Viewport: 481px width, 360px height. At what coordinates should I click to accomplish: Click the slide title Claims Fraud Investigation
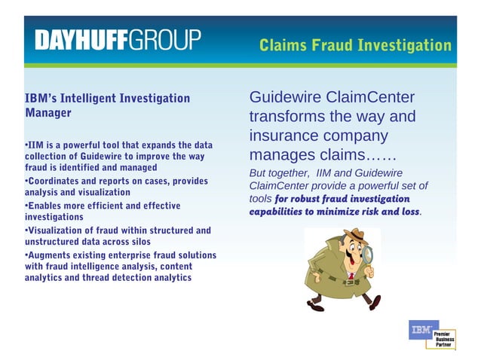pos(355,45)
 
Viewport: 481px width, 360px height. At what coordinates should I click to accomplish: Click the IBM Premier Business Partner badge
pos(432,334)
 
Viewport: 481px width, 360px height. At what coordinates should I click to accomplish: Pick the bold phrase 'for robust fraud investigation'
pos(342,198)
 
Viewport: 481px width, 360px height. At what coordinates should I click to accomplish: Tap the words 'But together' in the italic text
pos(277,173)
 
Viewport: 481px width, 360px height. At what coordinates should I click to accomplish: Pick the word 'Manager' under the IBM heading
pos(48,114)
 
